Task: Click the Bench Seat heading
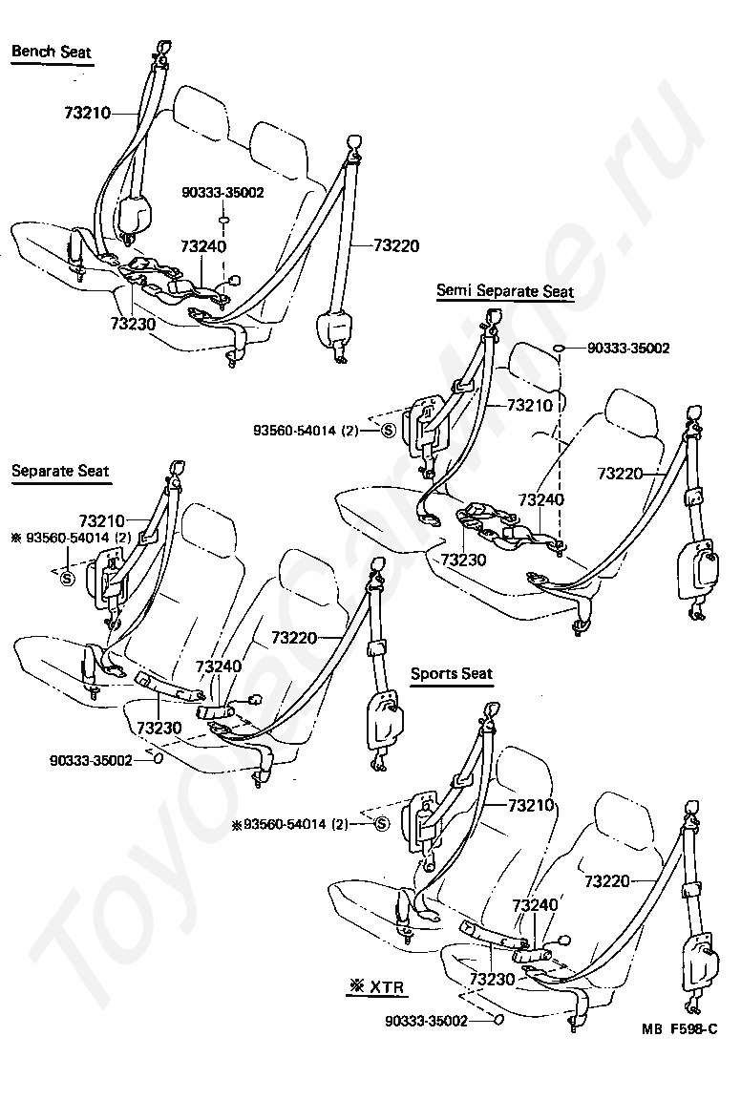(x=52, y=51)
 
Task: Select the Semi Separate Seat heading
(x=505, y=290)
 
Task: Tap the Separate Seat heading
(x=60, y=471)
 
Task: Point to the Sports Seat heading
(x=452, y=673)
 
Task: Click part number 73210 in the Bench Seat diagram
(x=88, y=114)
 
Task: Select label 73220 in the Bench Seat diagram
(x=395, y=245)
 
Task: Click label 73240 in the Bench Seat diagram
(x=202, y=246)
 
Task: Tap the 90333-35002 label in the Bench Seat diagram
(x=222, y=192)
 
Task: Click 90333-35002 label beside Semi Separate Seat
(x=627, y=349)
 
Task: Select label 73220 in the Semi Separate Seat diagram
(x=622, y=472)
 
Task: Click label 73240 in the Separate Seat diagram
(x=219, y=666)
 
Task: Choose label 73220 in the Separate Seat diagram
(x=294, y=636)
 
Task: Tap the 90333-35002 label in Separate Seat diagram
(x=91, y=760)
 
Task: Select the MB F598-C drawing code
(x=678, y=1030)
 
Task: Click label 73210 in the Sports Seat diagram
(x=530, y=805)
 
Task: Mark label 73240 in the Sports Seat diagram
(x=536, y=904)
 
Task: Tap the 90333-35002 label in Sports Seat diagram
(x=426, y=1020)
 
